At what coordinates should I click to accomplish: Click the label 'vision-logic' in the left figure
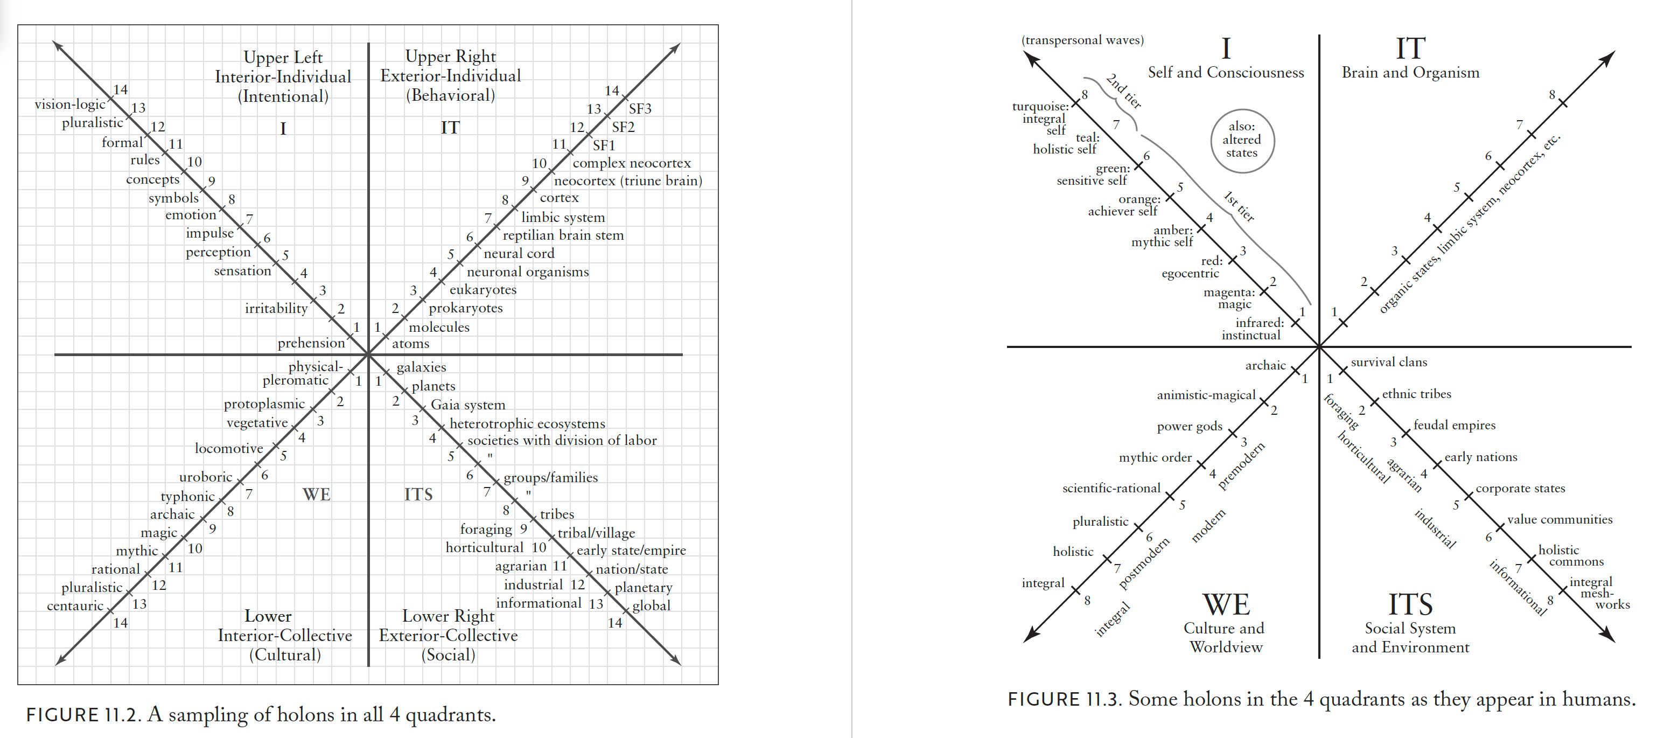(69, 104)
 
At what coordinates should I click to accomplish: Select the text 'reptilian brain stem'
(563, 235)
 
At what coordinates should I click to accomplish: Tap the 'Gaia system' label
(468, 405)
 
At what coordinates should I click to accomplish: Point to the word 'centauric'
(75, 606)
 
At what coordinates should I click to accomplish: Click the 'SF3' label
(640, 108)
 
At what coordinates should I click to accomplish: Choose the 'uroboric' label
(205, 477)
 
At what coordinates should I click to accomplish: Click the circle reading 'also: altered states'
(1242, 140)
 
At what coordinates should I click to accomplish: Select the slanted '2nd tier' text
(1124, 91)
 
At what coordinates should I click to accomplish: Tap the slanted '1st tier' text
(1239, 206)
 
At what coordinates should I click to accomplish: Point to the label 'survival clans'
(1388, 362)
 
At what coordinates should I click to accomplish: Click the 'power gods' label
(1190, 427)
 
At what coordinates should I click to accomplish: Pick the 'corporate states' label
(1520, 489)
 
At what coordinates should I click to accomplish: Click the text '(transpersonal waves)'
(1082, 40)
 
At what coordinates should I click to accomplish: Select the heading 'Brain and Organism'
(1410, 72)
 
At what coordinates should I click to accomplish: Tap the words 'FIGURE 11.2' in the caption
(82, 714)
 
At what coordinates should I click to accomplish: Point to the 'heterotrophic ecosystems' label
(527, 423)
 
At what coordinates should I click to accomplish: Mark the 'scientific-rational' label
(1111, 489)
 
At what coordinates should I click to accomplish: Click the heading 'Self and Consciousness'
(1225, 72)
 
